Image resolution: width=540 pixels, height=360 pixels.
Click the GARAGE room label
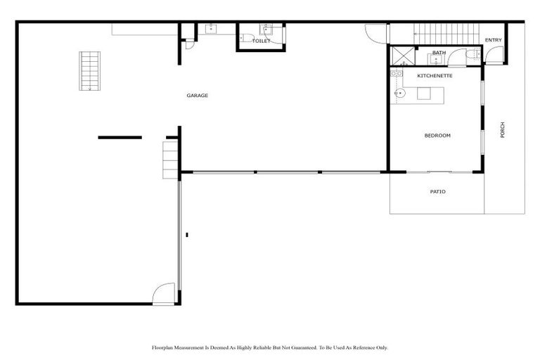point(197,96)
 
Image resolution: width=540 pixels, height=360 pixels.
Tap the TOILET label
point(261,41)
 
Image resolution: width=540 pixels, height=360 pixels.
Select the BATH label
point(439,53)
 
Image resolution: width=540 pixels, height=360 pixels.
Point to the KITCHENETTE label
point(435,75)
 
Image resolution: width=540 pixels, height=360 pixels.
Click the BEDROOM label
point(437,136)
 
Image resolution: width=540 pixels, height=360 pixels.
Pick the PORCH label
point(503,130)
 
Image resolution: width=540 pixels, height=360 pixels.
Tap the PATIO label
point(437,192)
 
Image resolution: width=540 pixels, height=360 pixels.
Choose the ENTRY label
point(493,40)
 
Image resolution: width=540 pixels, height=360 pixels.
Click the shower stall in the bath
point(403,56)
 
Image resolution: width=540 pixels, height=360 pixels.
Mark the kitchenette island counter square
point(424,94)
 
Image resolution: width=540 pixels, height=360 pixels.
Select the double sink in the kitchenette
point(396,73)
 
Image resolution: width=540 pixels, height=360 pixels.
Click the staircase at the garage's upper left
point(89,71)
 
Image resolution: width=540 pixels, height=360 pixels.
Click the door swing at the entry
point(494,55)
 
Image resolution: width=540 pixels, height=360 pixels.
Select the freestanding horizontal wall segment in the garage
point(120,137)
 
